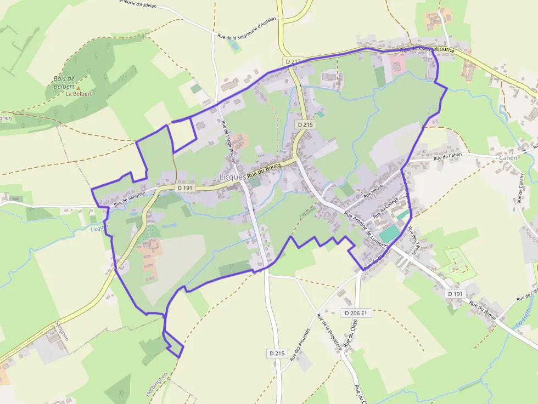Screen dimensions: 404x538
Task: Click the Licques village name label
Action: click(232, 177)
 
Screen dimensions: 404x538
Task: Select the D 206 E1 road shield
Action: click(356, 313)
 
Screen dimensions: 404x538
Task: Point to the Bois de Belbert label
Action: click(64, 82)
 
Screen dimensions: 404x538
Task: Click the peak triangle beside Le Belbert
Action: click(79, 88)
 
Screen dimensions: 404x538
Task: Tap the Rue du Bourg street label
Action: click(264, 169)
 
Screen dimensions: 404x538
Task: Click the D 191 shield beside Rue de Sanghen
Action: click(186, 188)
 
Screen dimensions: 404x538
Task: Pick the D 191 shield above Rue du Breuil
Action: click(455, 294)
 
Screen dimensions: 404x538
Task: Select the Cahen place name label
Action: click(508, 158)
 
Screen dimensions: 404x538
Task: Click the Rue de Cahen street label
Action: click(448, 157)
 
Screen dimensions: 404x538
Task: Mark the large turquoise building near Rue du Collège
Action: click(389, 234)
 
